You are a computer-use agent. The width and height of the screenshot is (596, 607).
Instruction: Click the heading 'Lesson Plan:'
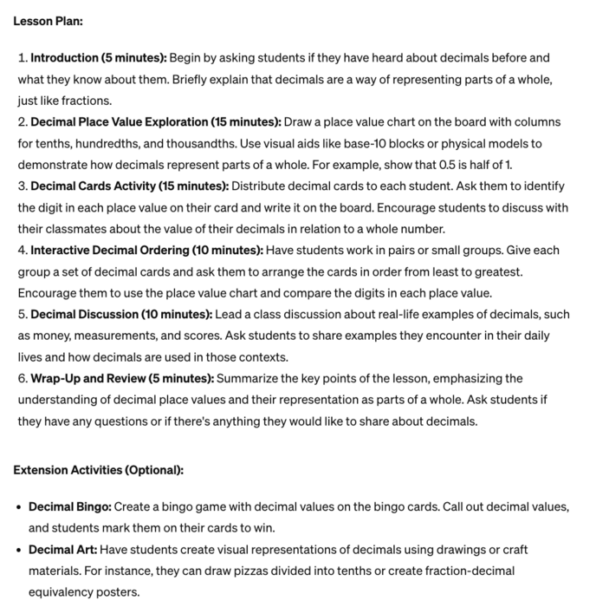(47, 21)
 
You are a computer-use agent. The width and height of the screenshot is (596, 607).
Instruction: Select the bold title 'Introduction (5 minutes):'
(98, 58)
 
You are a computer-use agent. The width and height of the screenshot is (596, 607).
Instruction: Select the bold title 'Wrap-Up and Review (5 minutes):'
(122, 378)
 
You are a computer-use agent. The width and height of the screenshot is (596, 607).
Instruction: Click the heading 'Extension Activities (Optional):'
(98, 470)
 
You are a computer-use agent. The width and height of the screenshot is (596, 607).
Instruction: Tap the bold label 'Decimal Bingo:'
(69, 506)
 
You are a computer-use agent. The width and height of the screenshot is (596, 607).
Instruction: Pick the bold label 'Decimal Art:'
(62, 550)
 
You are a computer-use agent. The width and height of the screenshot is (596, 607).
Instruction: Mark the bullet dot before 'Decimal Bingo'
(19, 506)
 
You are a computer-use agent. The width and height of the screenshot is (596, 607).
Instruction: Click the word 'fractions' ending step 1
(84, 101)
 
